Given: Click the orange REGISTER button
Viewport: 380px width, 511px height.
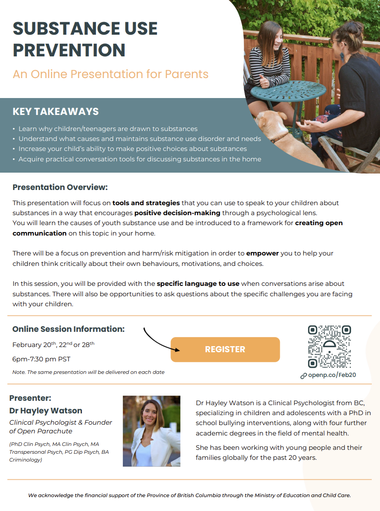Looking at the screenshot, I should pos(225,349).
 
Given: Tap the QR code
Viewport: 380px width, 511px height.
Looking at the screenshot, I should pos(329,346).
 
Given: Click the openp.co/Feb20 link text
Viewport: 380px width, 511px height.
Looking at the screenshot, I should pos(332,375).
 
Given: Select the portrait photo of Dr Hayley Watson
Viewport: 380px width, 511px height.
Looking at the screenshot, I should pos(151,431).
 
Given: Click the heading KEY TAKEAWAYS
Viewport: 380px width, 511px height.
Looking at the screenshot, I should pos(56,111).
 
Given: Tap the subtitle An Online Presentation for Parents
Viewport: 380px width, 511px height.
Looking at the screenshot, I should pos(111,74).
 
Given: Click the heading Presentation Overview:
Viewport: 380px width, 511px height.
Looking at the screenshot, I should pos(60,187).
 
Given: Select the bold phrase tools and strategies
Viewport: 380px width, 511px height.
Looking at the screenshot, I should pos(146,203).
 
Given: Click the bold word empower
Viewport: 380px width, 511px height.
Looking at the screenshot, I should pos(262,253).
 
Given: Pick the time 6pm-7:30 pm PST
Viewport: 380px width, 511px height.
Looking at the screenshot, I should pos(41,359).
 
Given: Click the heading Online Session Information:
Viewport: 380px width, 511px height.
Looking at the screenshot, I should pos(69,329).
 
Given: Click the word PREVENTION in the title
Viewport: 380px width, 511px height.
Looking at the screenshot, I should pos(69,50).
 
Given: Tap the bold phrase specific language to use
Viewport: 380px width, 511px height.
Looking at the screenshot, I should pos(198,284).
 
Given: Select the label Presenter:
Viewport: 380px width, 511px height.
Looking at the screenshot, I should pos(30,398).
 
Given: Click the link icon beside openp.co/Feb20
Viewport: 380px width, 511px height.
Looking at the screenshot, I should pos(304,376).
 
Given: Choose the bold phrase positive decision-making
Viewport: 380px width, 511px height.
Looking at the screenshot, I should pos(177,213).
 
